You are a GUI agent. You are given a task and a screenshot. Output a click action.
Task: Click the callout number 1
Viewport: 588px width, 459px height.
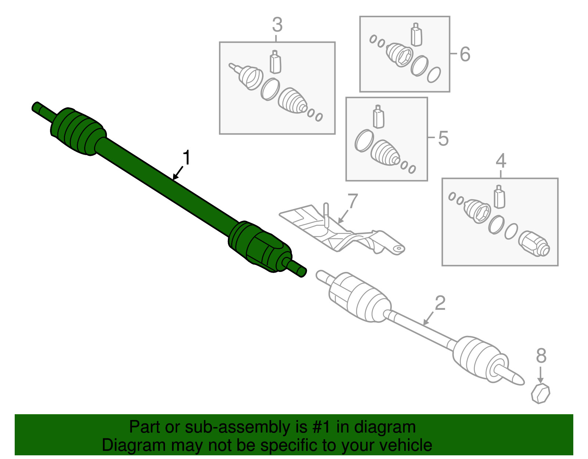click(x=186, y=157)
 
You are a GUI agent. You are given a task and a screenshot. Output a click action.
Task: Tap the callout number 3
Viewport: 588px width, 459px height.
click(x=277, y=25)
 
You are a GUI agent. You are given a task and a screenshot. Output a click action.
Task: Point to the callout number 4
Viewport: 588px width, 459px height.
click(x=501, y=161)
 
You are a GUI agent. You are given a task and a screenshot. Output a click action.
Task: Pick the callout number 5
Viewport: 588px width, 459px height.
click(x=443, y=139)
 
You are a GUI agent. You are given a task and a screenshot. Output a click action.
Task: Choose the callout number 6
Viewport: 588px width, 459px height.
click(x=465, y=54)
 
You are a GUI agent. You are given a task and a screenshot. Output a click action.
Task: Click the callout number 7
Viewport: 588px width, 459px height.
click(x=352, y=201)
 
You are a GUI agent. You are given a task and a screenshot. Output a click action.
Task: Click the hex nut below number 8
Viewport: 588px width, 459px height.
click(x=541, y=394)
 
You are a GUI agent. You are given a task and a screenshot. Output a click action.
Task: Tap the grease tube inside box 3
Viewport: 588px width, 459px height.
click(x=276, y=62)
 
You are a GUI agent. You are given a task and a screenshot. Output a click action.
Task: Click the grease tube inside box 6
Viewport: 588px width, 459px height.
click(x=416, y=34)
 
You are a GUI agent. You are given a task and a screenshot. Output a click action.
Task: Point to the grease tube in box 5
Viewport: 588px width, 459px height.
click(x=378, y=116)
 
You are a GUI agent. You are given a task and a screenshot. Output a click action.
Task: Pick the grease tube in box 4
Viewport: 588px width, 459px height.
click(x=499, y=197)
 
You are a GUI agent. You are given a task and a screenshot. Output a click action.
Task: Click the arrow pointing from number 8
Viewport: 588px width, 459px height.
click(x=540, y=375)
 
